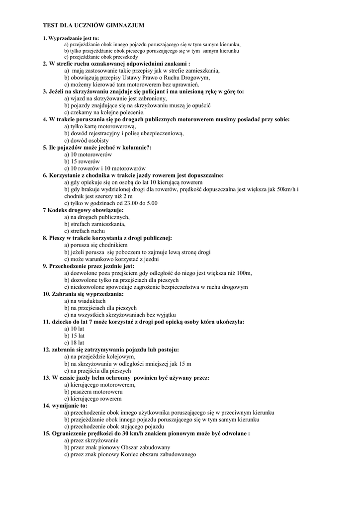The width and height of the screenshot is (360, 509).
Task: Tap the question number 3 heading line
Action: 143,92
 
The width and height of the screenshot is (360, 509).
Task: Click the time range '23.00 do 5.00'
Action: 140,203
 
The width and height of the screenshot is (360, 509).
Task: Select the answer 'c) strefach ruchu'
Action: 85,231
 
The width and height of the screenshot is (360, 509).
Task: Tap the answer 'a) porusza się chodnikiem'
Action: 96,245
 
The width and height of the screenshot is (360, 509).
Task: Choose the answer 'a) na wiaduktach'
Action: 85,301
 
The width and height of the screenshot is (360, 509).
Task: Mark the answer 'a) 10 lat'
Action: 74,329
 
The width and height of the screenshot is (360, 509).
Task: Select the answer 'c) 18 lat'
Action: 74,342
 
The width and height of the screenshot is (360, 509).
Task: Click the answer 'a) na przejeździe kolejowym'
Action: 99,356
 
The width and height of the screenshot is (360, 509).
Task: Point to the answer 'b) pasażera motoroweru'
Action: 93,391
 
